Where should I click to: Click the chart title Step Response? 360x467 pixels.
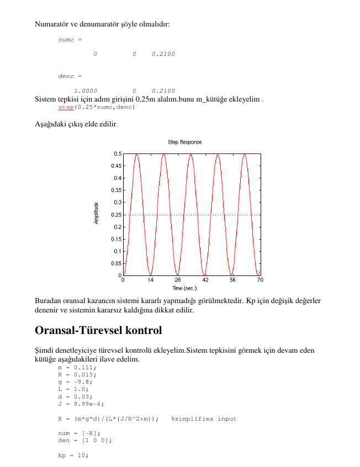[x=184, y=142]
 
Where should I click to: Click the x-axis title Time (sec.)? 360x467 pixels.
[x=184, y=288]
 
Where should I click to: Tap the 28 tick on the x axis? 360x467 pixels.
[x=178, y=280]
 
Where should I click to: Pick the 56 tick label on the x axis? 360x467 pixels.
[x=233, y=280]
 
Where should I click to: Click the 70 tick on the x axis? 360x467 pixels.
[x=260, y=280]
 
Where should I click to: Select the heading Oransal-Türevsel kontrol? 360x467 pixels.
[x=98, y=331]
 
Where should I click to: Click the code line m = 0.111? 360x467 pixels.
[x=77, y=367]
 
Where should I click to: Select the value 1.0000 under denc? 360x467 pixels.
[x=86, y=91]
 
